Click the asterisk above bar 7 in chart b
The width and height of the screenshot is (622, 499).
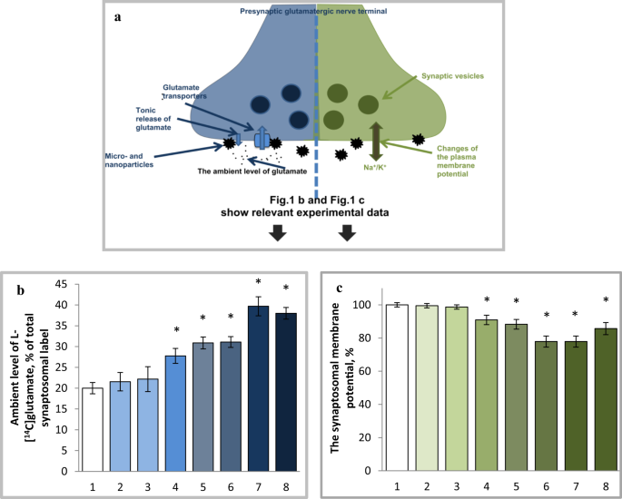tap(258, 282)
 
